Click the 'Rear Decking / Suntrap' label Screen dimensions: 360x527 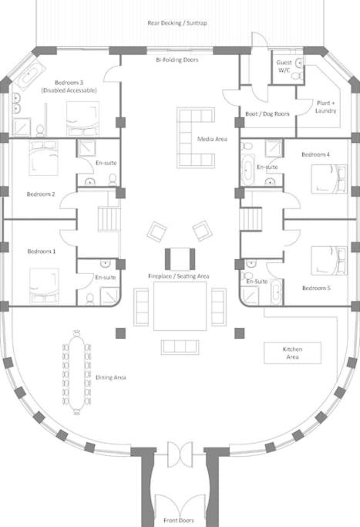177,23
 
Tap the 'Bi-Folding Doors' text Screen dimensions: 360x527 177,60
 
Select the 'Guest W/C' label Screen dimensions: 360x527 284,66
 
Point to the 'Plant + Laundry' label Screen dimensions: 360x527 326,106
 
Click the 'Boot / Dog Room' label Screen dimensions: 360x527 267,114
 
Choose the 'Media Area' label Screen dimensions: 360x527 212,139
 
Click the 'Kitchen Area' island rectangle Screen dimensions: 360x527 292,353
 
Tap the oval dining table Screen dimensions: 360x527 77,373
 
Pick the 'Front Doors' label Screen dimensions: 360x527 179,520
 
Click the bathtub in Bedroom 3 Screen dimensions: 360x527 31,75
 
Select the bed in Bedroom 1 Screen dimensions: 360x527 44,285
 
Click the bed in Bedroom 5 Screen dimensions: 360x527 328,261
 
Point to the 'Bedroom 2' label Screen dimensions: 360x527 41,194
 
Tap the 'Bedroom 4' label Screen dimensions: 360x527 315,154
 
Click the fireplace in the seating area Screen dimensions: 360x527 180,258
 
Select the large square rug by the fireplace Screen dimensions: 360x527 180,306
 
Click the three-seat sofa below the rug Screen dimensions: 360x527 180,347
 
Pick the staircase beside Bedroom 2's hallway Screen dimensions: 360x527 109,219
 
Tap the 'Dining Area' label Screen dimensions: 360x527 111,377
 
